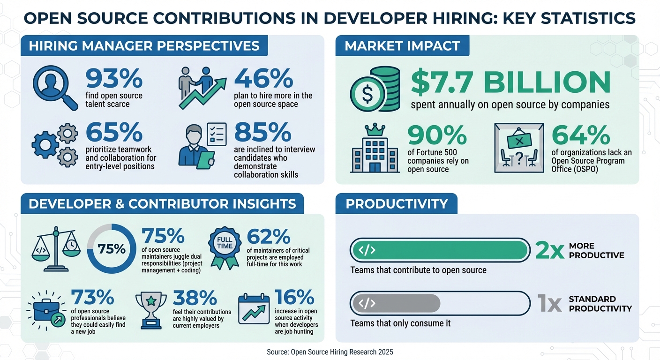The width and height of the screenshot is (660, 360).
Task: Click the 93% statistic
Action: pyautogui.click(x=114, y=78)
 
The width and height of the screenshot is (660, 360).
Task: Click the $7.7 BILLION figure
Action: pyautogui.click(x=510, y=82)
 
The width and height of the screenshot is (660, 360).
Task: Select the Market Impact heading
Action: pyautogui.click(x=402, y=46)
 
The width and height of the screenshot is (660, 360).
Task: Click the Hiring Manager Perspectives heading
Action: pyautogui.click(x=144, y=46)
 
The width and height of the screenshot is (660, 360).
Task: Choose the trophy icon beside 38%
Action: pyautogui.click(x=151, y=307)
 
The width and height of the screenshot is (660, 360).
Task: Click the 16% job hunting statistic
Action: pyautogui.click(x=294, y=298)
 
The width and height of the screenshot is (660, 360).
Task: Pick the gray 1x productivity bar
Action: pyautogui.click(x=396, y=303)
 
